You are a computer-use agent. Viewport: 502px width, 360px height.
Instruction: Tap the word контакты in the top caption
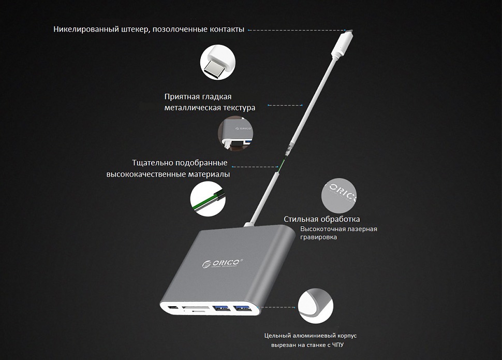coord(227,29)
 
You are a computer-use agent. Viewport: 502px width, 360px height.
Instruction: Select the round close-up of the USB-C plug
coord(218,62)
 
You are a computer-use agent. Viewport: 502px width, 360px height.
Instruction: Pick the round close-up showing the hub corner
coord(235,134)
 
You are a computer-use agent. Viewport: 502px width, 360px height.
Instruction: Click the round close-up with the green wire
coord(208,199)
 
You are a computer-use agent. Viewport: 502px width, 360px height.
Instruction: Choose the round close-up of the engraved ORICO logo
coord(339,196)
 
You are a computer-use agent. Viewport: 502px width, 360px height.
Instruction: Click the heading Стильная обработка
coord(322,219)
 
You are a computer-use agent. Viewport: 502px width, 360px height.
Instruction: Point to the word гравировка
coord(319,238)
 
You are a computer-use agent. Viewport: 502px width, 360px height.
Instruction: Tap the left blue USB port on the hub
coord(221,308)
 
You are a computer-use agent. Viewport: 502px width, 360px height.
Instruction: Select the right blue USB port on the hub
coord(242,308)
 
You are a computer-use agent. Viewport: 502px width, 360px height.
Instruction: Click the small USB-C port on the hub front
coord(173,308)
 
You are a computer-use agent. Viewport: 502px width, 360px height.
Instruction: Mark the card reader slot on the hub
coord(195,309)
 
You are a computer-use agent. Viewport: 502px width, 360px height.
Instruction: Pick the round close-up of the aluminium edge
coord(316,306)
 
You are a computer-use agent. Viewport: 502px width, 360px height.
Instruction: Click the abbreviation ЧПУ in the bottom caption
coord(337,345)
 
